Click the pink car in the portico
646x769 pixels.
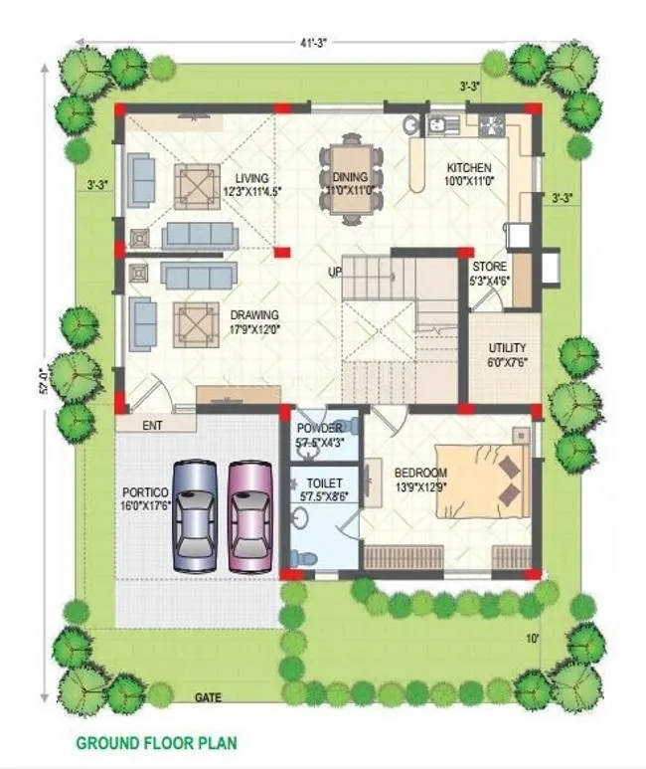click(248, 514)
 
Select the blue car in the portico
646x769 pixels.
click(194, 515)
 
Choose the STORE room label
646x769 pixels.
click(489, 267)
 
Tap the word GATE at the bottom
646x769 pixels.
click(208, 697)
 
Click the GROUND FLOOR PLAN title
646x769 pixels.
click(157, 743)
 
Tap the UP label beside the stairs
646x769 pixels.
click(335, 272)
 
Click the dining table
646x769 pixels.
click(351, 180)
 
